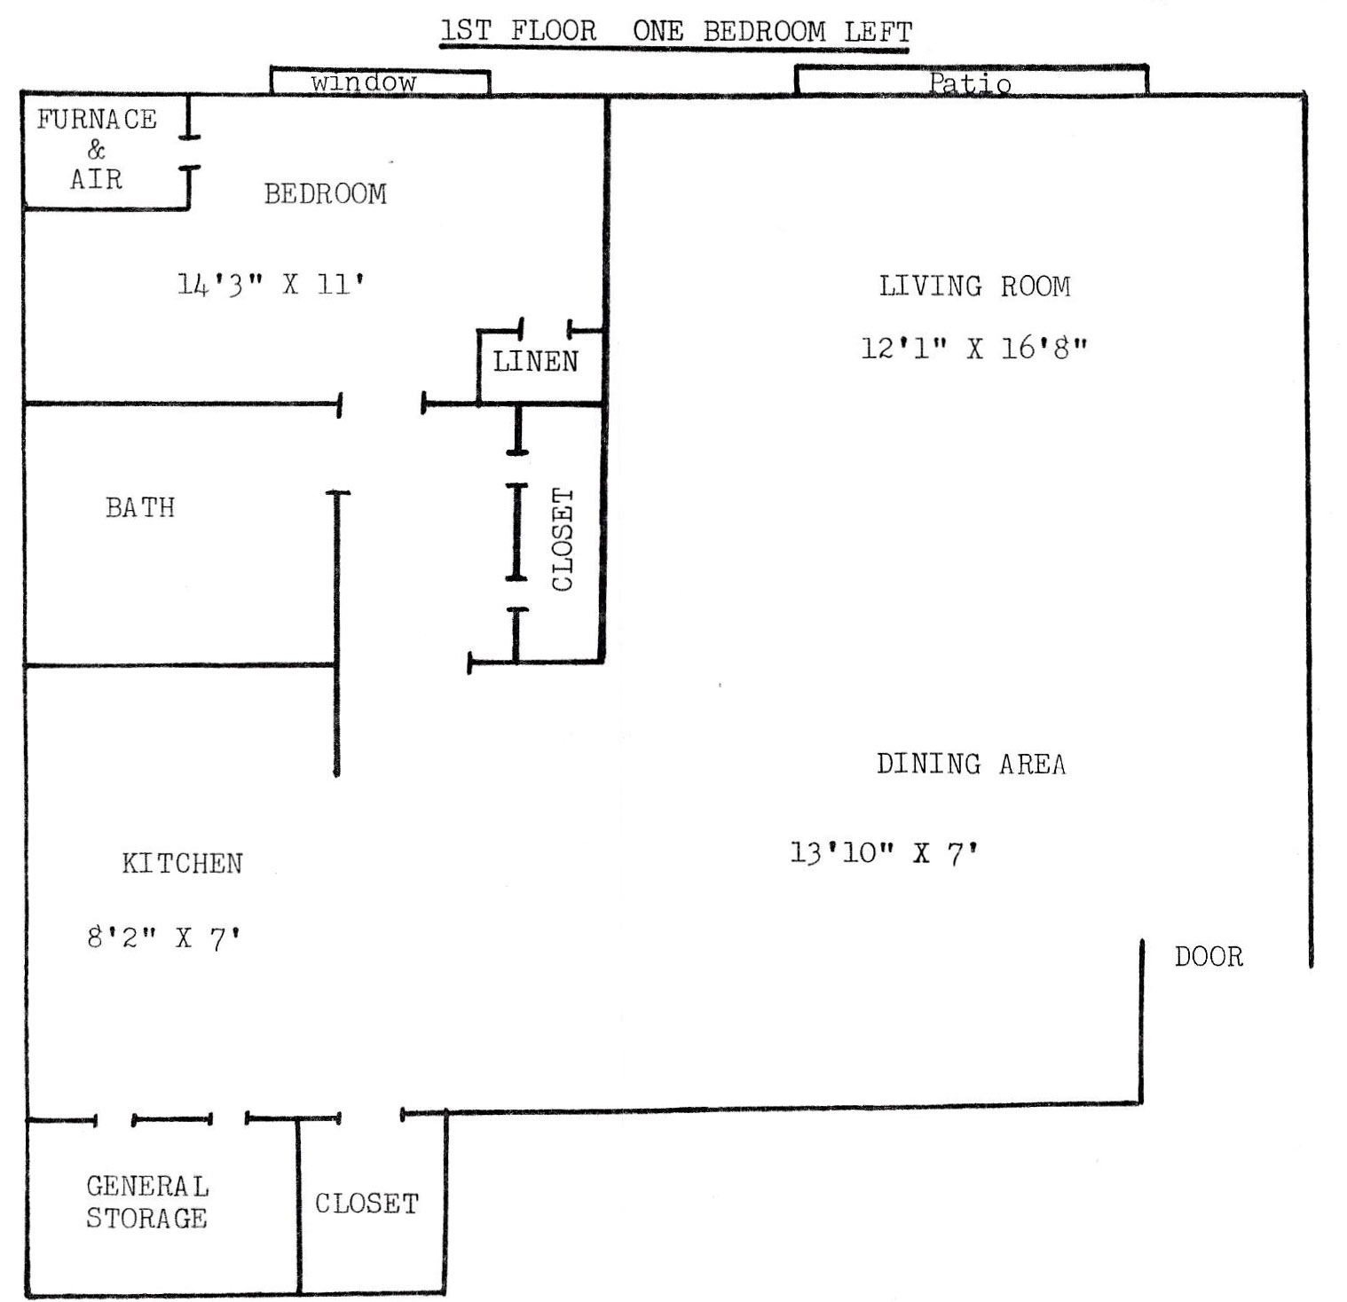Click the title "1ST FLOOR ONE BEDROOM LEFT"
[676, 32]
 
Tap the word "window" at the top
[364, 82]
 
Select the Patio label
[970, 84]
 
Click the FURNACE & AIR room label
[97, 149]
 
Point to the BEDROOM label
[326, 194]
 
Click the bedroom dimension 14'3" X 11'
[271, 285]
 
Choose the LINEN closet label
[536, 361]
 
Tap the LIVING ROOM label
[974, 286]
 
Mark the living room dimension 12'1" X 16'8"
[974, 348]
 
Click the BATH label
[140, 507]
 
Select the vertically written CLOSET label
[563, 539]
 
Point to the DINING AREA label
[972, 764]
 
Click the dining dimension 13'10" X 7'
[885, 853]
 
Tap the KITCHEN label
[182, 863]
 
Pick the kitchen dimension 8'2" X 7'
[164, 937]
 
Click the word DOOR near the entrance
[1209, 956]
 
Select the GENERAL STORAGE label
[147, 1202]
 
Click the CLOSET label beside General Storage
[366, 1204]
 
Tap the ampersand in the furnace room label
[96, 149]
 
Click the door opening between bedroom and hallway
[381, 404]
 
